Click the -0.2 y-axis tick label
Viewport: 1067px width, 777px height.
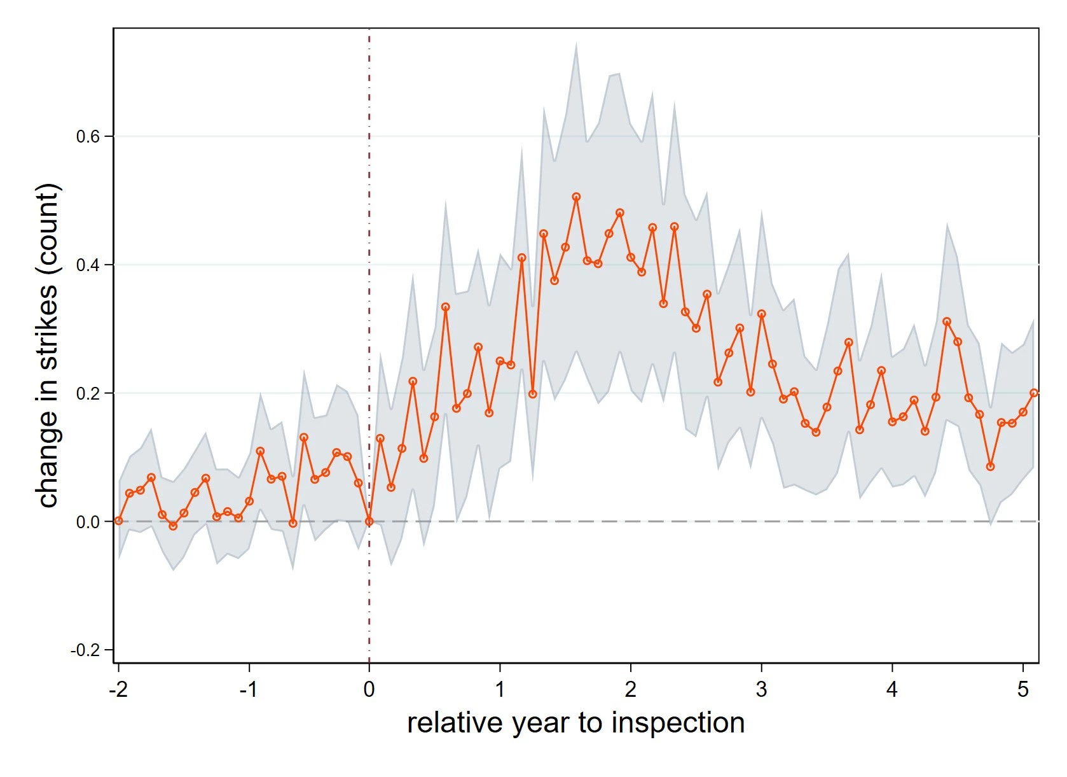(85, 650)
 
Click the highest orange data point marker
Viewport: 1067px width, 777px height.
(576, 197)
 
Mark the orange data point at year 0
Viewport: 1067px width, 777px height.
(369, 522)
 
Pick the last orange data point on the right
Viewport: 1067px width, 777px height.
(1034, 393)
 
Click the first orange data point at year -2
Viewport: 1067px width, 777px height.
(118, 521)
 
